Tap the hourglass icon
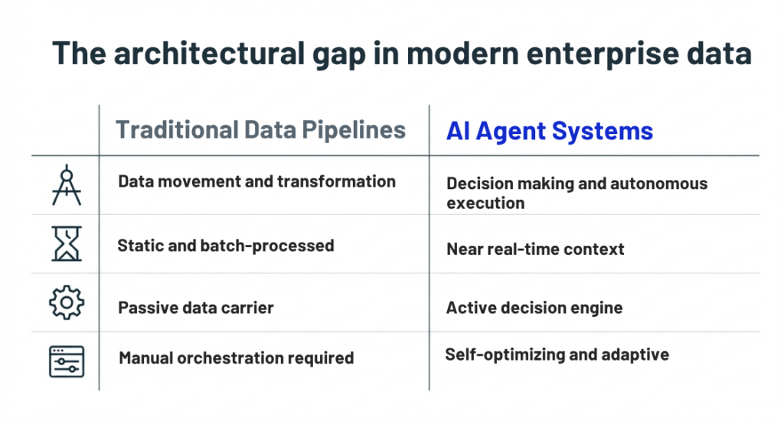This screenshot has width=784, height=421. coord(67,243)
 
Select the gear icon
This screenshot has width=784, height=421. coord(67,302)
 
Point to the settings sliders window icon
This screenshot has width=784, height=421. coord(67,361)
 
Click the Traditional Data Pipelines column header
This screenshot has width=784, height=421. coord(260,130)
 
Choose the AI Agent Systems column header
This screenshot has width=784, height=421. coord(550,131)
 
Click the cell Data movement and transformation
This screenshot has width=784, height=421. coord(256,181)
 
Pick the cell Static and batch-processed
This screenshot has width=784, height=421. coord(226,246)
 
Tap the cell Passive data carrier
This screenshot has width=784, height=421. coord(195,308)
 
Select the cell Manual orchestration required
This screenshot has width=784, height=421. coord(236,358)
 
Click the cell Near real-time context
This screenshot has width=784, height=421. coord(535,249)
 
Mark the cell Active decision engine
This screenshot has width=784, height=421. coord(534,308)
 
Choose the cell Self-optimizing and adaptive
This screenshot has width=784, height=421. coord(557,354)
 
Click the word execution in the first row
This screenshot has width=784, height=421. coord(485,203)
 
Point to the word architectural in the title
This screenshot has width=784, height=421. coord(210,53)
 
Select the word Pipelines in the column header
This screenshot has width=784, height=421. coord(354,130)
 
